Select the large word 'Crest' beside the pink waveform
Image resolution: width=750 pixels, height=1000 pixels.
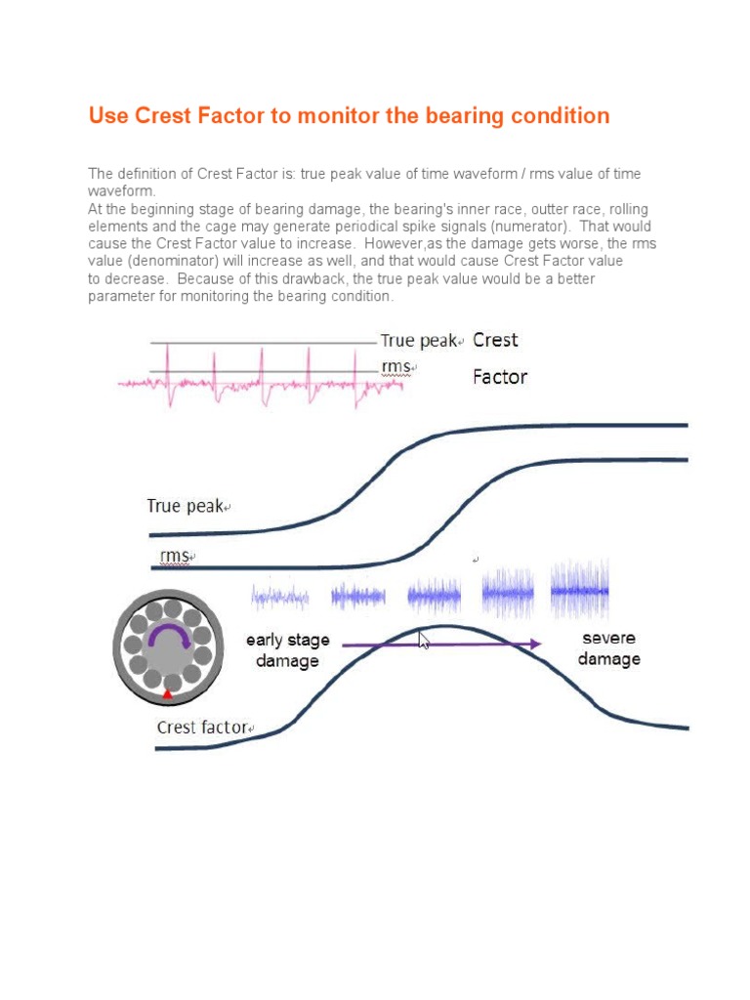coord(495,341)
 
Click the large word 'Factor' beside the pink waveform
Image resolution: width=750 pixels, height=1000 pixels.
coord(500,377)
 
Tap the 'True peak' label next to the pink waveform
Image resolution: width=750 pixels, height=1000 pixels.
coord(419,341)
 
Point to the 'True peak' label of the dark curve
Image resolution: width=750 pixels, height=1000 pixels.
coord(185,506)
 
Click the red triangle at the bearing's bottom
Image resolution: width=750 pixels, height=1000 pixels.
coord(167,693)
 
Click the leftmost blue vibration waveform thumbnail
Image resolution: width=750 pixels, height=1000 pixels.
coord(279,595)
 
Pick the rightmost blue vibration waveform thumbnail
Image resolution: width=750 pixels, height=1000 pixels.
coord(580,590)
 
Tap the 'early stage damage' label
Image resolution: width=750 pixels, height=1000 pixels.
coord(287,650)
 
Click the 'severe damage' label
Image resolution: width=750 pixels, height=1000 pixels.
coord(608,648)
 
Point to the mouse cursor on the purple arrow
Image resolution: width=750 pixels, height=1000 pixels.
coord(424,641)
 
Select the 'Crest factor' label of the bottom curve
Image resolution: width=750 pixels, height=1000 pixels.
coord(203,728)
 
